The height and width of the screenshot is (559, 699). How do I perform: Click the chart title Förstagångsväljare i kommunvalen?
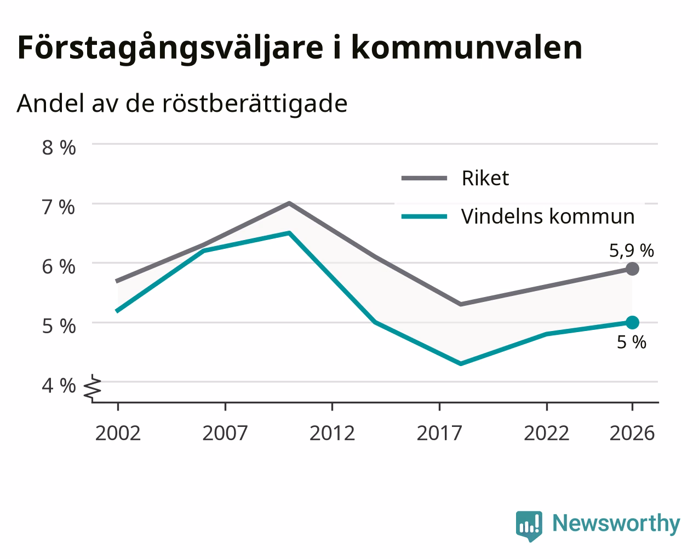coord(300,48)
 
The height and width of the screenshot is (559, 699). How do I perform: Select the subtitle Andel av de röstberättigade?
coord(182,104)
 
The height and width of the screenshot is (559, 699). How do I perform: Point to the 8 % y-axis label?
coord(59,148)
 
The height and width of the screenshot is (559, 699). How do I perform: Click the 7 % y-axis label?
coord(59,207)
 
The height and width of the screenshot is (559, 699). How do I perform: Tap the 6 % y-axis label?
coord(59,267)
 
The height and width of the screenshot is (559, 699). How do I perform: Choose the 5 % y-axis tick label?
coord(59,326)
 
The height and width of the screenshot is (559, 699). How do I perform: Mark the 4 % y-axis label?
coord(59,386)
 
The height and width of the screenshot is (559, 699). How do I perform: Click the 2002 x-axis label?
coord(118,433)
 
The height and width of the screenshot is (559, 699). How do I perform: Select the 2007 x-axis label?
coord(225,433)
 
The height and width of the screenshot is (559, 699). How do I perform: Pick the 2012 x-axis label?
coord(333,433)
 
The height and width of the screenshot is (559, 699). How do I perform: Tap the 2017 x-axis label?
coord(439,433)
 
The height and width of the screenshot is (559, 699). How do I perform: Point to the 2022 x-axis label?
coord(547,433)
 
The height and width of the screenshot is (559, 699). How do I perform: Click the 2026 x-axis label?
coord(632,433)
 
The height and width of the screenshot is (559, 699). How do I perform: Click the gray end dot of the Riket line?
coord(632,269)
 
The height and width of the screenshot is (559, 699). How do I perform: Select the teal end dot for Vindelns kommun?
coord(632,322)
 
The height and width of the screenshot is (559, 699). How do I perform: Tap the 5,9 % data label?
coord(632,251)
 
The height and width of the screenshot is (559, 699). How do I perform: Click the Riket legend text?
coord(485,178)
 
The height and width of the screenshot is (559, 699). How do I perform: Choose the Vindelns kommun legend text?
coord(548,216)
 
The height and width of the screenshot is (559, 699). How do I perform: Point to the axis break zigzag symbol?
coord(93,387)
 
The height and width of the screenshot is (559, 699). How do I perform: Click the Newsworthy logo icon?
coord(529,526)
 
